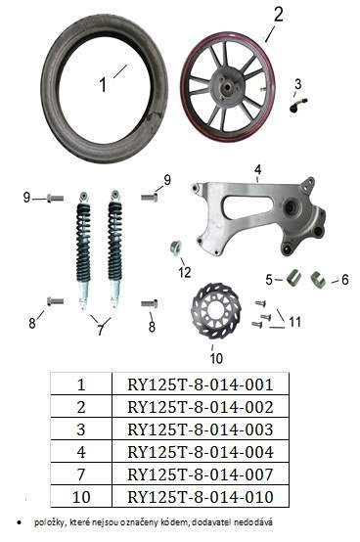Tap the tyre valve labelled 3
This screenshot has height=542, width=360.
[298, 105]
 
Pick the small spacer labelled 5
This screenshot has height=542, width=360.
[293, 278]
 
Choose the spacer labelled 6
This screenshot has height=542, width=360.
[318, 279]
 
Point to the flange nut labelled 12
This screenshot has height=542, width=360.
[176, 248]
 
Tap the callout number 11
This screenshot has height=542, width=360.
[294, 322]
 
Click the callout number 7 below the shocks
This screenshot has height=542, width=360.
[100, 330]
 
